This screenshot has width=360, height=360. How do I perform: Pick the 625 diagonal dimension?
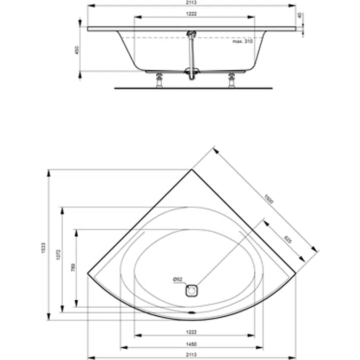coord(287,239)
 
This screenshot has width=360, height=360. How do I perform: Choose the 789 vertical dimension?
coord(73,268)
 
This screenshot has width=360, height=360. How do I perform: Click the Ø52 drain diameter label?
coord(178,279)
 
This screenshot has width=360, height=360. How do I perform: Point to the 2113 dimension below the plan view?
coord(193,355)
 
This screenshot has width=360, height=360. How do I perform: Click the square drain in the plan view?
coord(192,291)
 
